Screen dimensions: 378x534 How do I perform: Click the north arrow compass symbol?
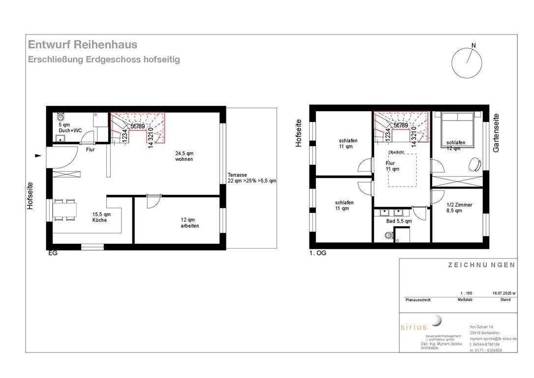[x=465, y=62]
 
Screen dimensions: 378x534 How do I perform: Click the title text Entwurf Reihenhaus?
[x=83, y=45]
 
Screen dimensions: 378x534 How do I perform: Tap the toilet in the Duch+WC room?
[x=61, y=117]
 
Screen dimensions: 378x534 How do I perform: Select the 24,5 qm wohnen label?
[x=184, y=157]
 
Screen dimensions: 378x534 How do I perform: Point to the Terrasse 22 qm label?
[x=252, y=178]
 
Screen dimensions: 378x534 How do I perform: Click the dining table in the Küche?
[x=65, y=211]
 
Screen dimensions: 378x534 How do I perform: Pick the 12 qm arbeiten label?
[x=190, y=222]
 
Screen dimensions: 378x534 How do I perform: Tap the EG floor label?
[x=53, y=253]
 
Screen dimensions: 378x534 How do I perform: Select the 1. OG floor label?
[x=318, y=253]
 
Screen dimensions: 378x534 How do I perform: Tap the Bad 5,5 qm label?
[x=399, y=221]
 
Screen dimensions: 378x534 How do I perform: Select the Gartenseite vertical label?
[x=496, y=133]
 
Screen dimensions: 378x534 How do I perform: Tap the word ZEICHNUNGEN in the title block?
[x=481, y=265]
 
